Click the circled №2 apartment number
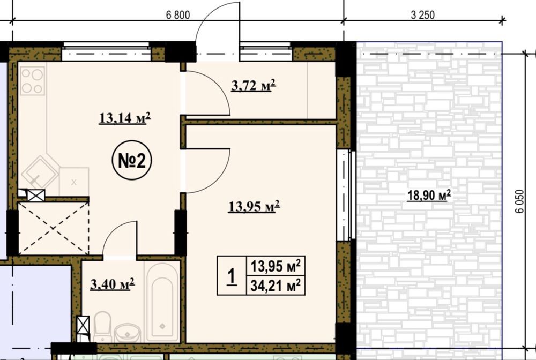(132, 161)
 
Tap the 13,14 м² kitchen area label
(125, 118)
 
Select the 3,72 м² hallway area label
(254, 85)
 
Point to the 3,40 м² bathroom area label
(113, 284)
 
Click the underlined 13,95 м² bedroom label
(254, 206)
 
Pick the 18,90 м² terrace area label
(429, 196)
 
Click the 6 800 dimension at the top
(178, 15)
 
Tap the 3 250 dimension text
(423, 15)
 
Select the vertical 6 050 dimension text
(519, 201)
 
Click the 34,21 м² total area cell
(276, 285)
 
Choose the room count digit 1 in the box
(232, 276)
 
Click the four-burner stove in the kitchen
(33, 80)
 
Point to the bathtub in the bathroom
(162, 302)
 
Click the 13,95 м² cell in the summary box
(276, 266)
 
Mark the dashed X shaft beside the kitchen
(53, 228)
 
